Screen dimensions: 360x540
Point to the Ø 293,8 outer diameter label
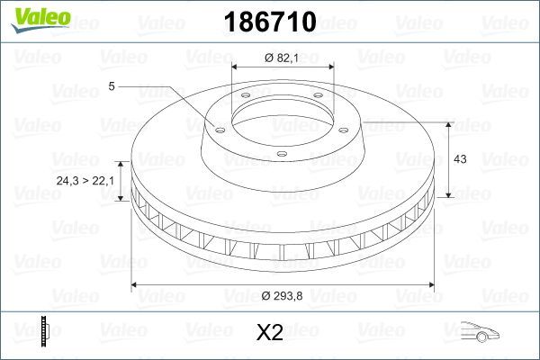[281, 296]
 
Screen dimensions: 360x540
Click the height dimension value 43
[460, 158]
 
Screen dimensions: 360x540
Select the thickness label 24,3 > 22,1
[85, 182]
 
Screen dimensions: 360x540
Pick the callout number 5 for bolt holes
[111, 86]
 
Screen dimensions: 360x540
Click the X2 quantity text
[269, 333]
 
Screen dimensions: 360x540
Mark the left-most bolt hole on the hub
[216, 127]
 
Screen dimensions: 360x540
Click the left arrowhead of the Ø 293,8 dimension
[137, 285]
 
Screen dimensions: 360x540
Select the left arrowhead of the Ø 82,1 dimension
[236, 67]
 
